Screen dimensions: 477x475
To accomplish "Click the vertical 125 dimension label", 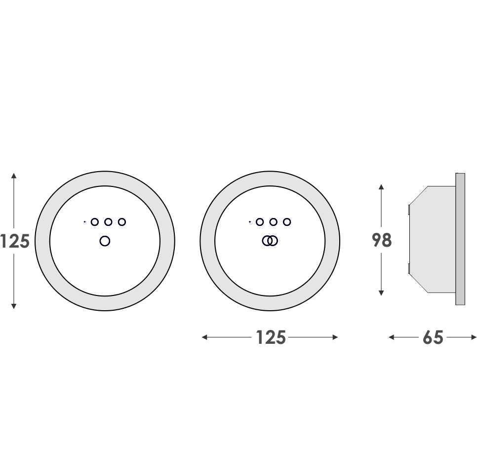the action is point(15,241).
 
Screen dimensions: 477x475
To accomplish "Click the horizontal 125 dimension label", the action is point(271,337).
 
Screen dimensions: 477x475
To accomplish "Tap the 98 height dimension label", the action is point(382,240).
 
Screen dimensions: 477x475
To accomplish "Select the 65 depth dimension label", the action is point(433,337).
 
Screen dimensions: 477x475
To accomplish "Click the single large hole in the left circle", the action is point(105,241).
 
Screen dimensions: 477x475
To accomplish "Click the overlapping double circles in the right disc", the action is point(270,241).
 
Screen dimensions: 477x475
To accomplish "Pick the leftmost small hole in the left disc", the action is point(95,222).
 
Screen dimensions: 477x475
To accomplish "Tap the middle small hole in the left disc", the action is point(108,222).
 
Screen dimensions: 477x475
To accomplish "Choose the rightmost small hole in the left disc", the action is point(121,222).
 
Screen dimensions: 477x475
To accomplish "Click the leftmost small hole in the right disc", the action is point(260,222).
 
